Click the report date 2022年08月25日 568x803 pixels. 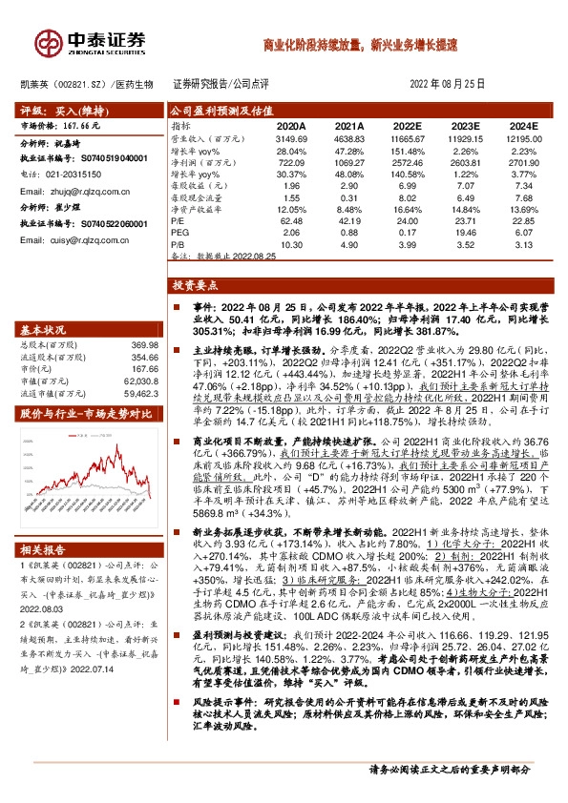point(452,84)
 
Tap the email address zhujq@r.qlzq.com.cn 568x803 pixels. point(84,191)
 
